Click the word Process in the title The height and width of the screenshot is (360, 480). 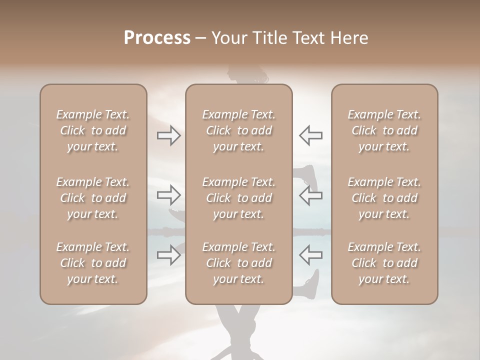(x=157, y=38)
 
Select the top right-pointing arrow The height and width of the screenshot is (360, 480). (x=169, y=135)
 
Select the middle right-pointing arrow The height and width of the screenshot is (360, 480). (x=169, y=195)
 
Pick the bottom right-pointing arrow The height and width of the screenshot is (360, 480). (x=169, y=255)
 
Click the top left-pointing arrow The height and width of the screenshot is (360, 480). (x=310, y=135)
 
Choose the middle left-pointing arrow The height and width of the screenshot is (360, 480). (x=310, y=195)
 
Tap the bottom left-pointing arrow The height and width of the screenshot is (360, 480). (x=310, y=255)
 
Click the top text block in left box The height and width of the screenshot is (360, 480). (x=93, y=130)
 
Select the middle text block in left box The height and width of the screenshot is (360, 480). (x=93, y=198)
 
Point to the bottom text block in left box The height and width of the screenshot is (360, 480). (x=93, y=263)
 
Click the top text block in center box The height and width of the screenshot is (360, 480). (x=238, y=130)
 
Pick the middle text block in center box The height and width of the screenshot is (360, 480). (x=238, y=198)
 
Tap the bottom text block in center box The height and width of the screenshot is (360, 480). (x=238, y=263)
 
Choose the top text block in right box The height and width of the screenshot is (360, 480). (x=384, y=130)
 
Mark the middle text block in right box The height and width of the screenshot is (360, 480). (x=384, y=198)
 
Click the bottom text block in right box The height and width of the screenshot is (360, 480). (x=384, y=263)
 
